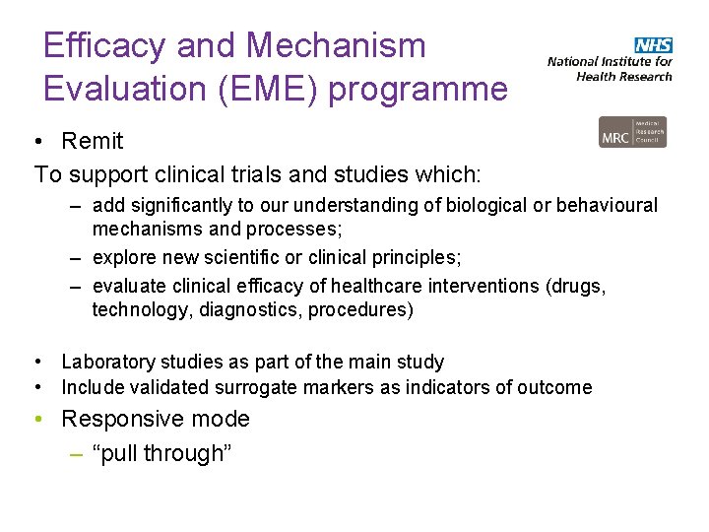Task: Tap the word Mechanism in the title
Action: click(x=336, y=45)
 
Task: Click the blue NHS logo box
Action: click(x=654, y=45)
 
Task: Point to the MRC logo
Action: click(x=632, y=132)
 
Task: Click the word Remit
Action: click(x=93, y=141)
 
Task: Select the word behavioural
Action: click(x=607, y=207)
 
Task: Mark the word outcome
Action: click(x=554, y=387)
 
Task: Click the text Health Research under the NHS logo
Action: click(x=624, y=76)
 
